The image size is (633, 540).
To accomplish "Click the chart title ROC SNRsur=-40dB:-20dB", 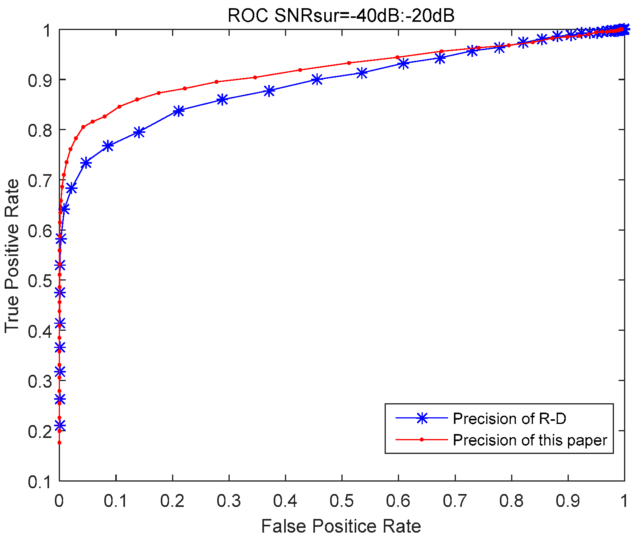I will coord(341,16).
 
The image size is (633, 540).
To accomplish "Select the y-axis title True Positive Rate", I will coord(12,256).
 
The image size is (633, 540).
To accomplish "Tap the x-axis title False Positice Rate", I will coord(341,526).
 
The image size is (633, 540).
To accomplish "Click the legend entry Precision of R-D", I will coord(509,418).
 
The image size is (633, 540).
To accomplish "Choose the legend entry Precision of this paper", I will coord(530,440).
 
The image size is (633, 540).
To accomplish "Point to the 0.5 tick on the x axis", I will coord(341,501).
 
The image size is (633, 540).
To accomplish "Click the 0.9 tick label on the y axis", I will coord(40,80).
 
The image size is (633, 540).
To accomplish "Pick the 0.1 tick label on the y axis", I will coord(40,482).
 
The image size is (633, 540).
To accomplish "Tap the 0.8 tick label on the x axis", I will coord(511,501).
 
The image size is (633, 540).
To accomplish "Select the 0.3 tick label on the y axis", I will coord(40,381).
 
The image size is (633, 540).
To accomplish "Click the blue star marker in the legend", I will coord(422,418).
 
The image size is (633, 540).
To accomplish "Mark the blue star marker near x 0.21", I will coord(178,111).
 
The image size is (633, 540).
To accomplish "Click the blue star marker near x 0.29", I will coord(222,99).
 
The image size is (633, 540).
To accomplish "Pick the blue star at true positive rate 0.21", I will coord(60,425).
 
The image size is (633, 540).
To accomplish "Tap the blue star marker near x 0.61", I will coord(404,64).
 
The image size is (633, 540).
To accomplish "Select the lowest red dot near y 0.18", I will coord(59,443).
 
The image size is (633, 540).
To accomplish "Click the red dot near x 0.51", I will coord(349,63).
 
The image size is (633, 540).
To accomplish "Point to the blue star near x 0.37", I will coord(269,91).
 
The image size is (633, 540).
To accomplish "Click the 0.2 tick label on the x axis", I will coord(172,501).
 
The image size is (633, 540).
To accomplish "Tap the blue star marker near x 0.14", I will coord(139,132).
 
